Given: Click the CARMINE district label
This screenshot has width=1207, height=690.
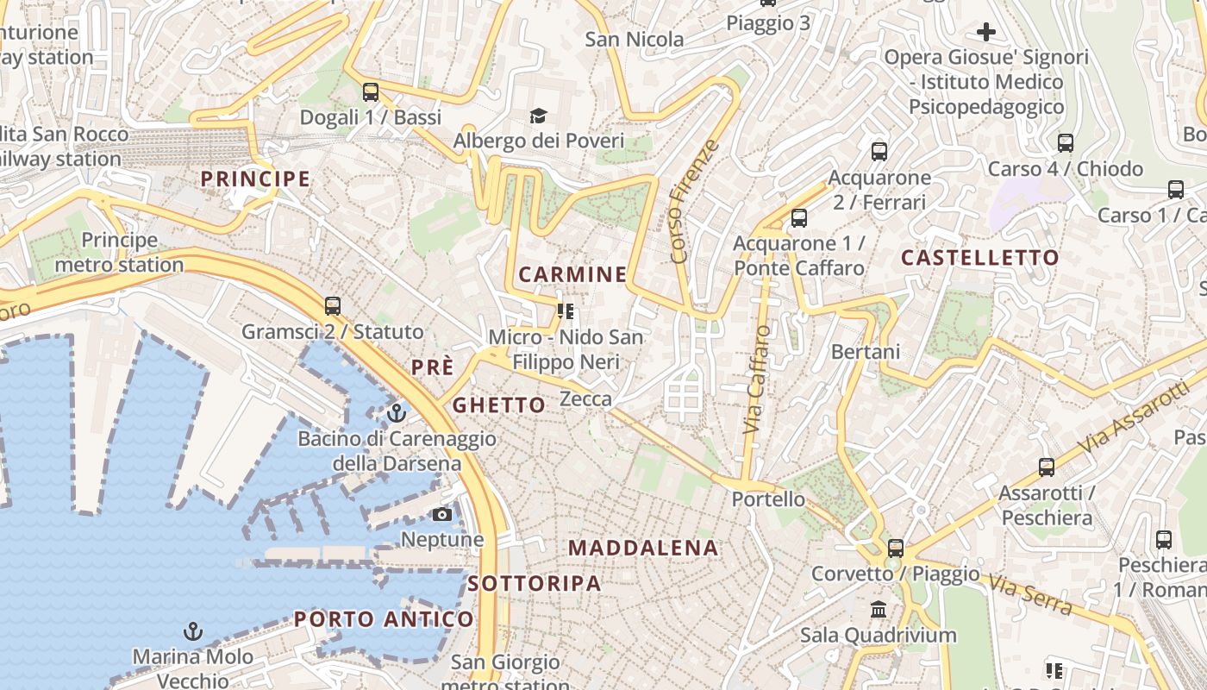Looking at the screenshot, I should point(572,275).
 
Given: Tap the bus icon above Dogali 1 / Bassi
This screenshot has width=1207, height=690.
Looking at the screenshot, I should point(371,91).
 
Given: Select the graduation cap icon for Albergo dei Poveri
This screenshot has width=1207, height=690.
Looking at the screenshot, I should point(538,116).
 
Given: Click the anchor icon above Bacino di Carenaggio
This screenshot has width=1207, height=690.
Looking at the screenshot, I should point(397,413).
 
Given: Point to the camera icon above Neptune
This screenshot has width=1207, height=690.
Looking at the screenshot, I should point(442,515).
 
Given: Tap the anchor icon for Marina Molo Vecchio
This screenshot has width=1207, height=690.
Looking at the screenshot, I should point(193,632).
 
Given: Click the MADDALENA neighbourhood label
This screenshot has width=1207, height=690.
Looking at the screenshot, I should point(643,548).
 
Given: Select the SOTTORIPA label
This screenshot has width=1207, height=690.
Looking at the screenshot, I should point(535,584).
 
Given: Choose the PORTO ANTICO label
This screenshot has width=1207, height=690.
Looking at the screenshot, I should point(384,619).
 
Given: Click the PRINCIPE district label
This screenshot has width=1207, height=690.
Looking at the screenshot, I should point(255,179).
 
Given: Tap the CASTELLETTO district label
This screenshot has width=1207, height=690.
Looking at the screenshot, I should point(980,258).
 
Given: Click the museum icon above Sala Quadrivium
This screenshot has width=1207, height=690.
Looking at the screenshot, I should point(879,610).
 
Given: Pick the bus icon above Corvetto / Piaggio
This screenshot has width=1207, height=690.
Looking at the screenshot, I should point(896,548).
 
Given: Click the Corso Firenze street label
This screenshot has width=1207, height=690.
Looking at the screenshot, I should point(693,201).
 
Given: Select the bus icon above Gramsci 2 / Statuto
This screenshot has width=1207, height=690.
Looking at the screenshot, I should point(333,305).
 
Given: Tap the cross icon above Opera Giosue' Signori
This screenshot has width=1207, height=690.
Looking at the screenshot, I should point(986,33).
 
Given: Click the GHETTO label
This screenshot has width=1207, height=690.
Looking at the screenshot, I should point(499,405).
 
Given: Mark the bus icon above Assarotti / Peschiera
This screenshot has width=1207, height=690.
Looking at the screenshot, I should point(1047,467).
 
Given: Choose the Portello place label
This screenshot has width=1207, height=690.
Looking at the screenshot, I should point(768,499).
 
